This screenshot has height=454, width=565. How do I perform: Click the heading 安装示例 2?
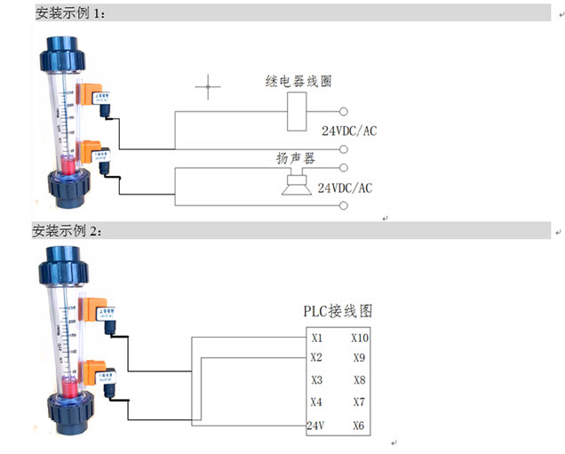pyautogui.click(x=68, y=231)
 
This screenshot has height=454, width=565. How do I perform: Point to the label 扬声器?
pyautogui.click(x=297, y=158)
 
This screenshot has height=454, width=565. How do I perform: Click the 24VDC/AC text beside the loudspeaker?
pyautogui.click(x=345, y=187)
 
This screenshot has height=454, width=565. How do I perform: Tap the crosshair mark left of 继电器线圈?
pyautogui.click(x=209, y=87)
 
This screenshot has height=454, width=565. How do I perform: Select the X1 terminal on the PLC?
pyautogui.click(x=317, y=338)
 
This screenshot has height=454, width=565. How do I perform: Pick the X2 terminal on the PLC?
pyautogui.click(x=317, y=358)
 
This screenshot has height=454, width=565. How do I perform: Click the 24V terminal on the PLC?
pyautogui.click(x=316, y=426)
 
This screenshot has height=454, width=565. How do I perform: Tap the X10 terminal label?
pyautogui.click(x=360, y=338)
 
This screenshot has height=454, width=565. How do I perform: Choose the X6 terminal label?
pyautogui.click(x=358, y=426)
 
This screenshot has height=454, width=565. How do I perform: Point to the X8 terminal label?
pyautogui.click(x=358, y=380)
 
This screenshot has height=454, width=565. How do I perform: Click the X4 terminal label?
pyautogui.click(x=317, y=402)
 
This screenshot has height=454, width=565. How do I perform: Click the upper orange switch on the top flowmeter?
pyautogui.click(x=90, y=96)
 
